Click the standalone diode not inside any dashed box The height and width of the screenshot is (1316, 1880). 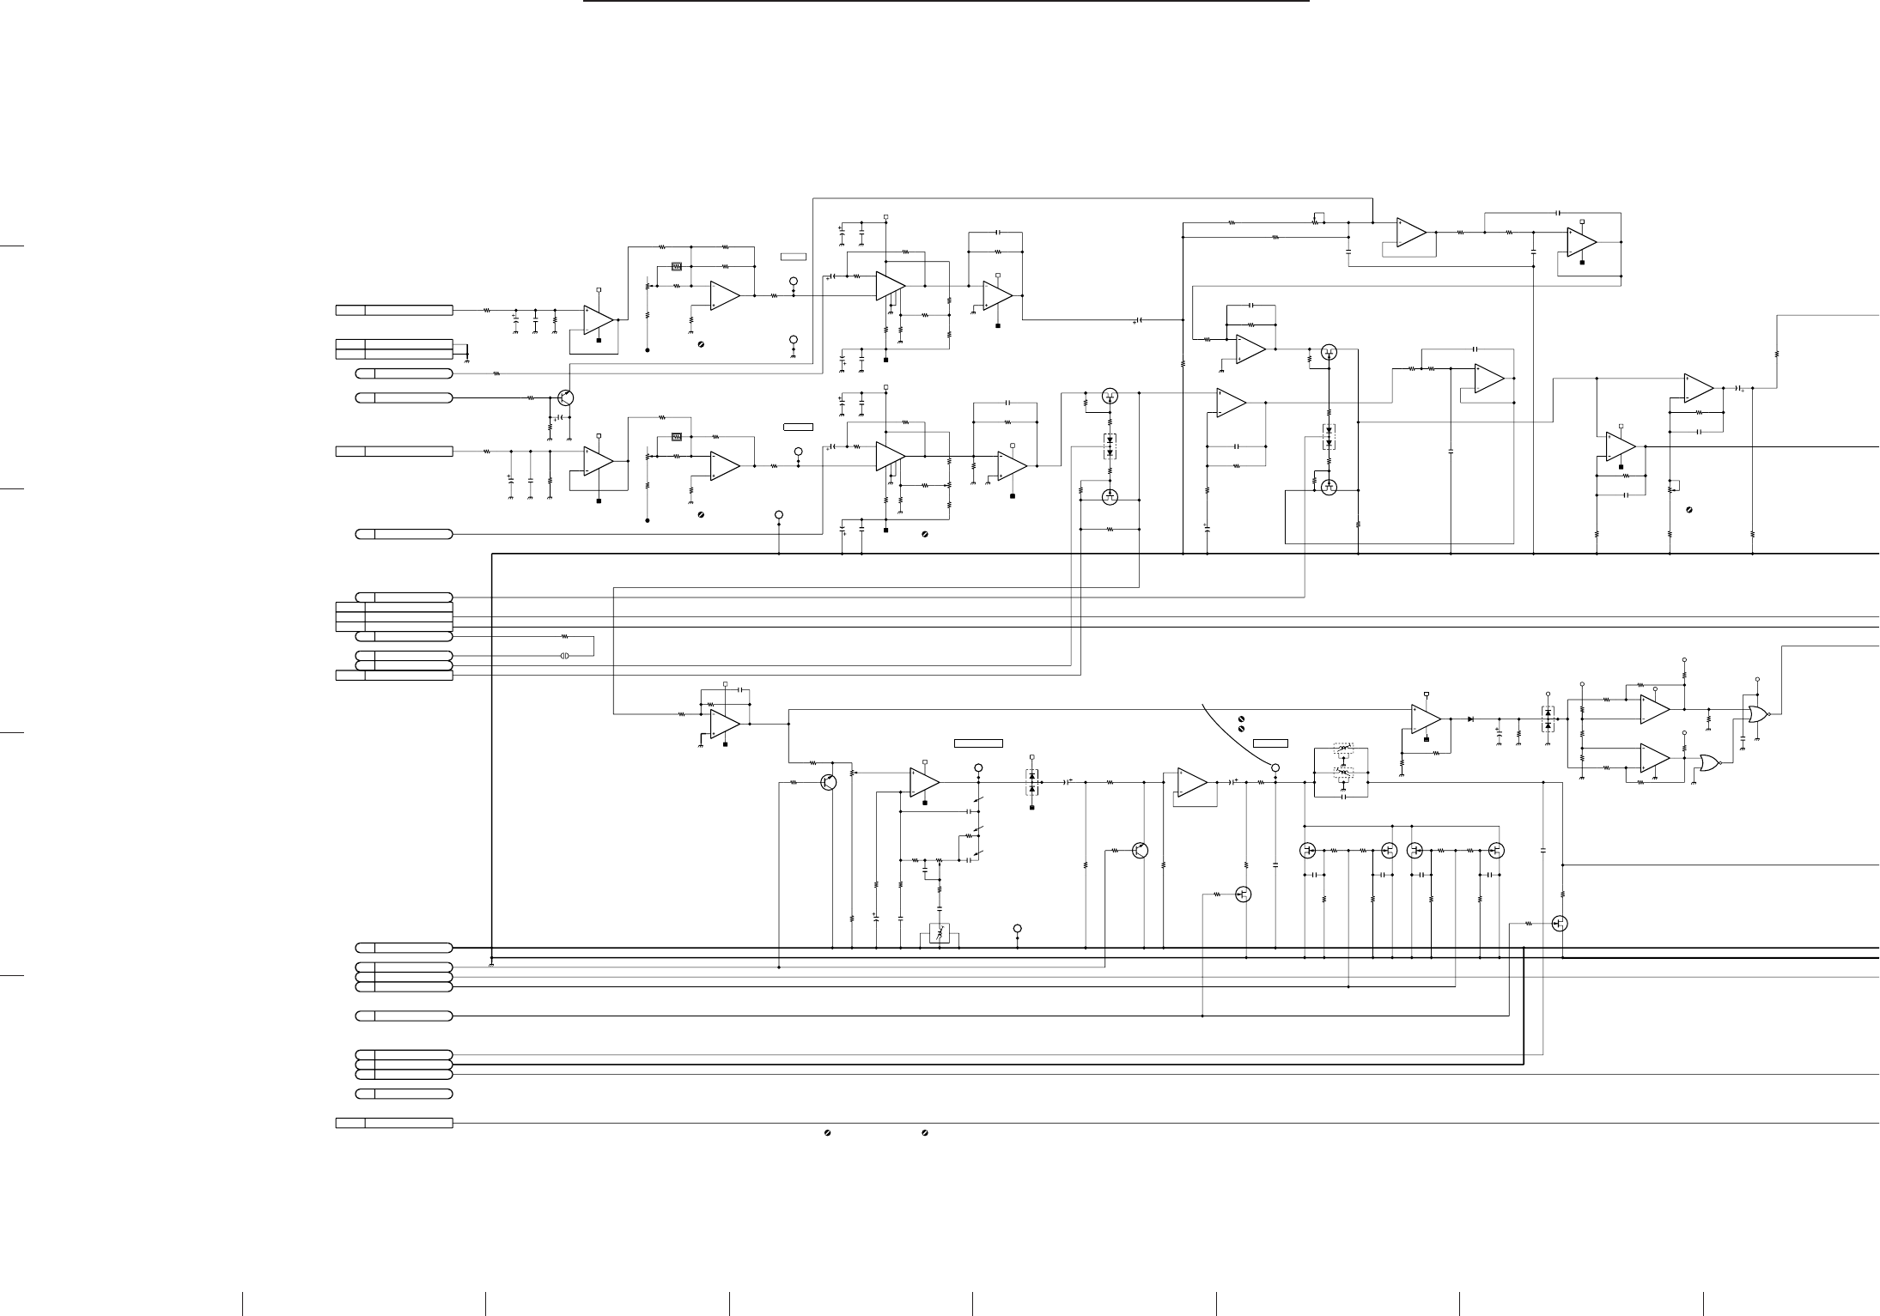point(1471,719)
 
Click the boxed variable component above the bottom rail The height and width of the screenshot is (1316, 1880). point(940,934)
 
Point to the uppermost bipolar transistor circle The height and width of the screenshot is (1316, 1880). point(565,397)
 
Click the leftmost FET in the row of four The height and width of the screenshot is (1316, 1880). point(1307,850)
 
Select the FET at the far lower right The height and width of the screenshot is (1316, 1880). point(1560,924)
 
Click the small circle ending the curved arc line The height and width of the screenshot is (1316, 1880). point(1275,767)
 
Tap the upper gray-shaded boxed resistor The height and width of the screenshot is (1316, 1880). point(677,266)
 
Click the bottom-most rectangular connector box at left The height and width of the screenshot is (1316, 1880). point(393,1123)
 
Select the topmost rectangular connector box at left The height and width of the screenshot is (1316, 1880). point(393,310)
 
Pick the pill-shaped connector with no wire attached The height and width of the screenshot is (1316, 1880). point(404,1094)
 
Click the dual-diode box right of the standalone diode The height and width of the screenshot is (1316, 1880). point(1548,719)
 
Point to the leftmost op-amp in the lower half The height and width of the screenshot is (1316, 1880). point(725,724)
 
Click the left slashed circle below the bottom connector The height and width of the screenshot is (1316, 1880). point(827,1134)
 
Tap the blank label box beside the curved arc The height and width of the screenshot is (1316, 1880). point(1270,743)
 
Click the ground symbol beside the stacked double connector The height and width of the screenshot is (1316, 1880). point(465,359)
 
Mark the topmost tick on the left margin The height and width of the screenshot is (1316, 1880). point(11,246)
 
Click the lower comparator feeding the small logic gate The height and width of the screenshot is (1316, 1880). point(1654,758)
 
